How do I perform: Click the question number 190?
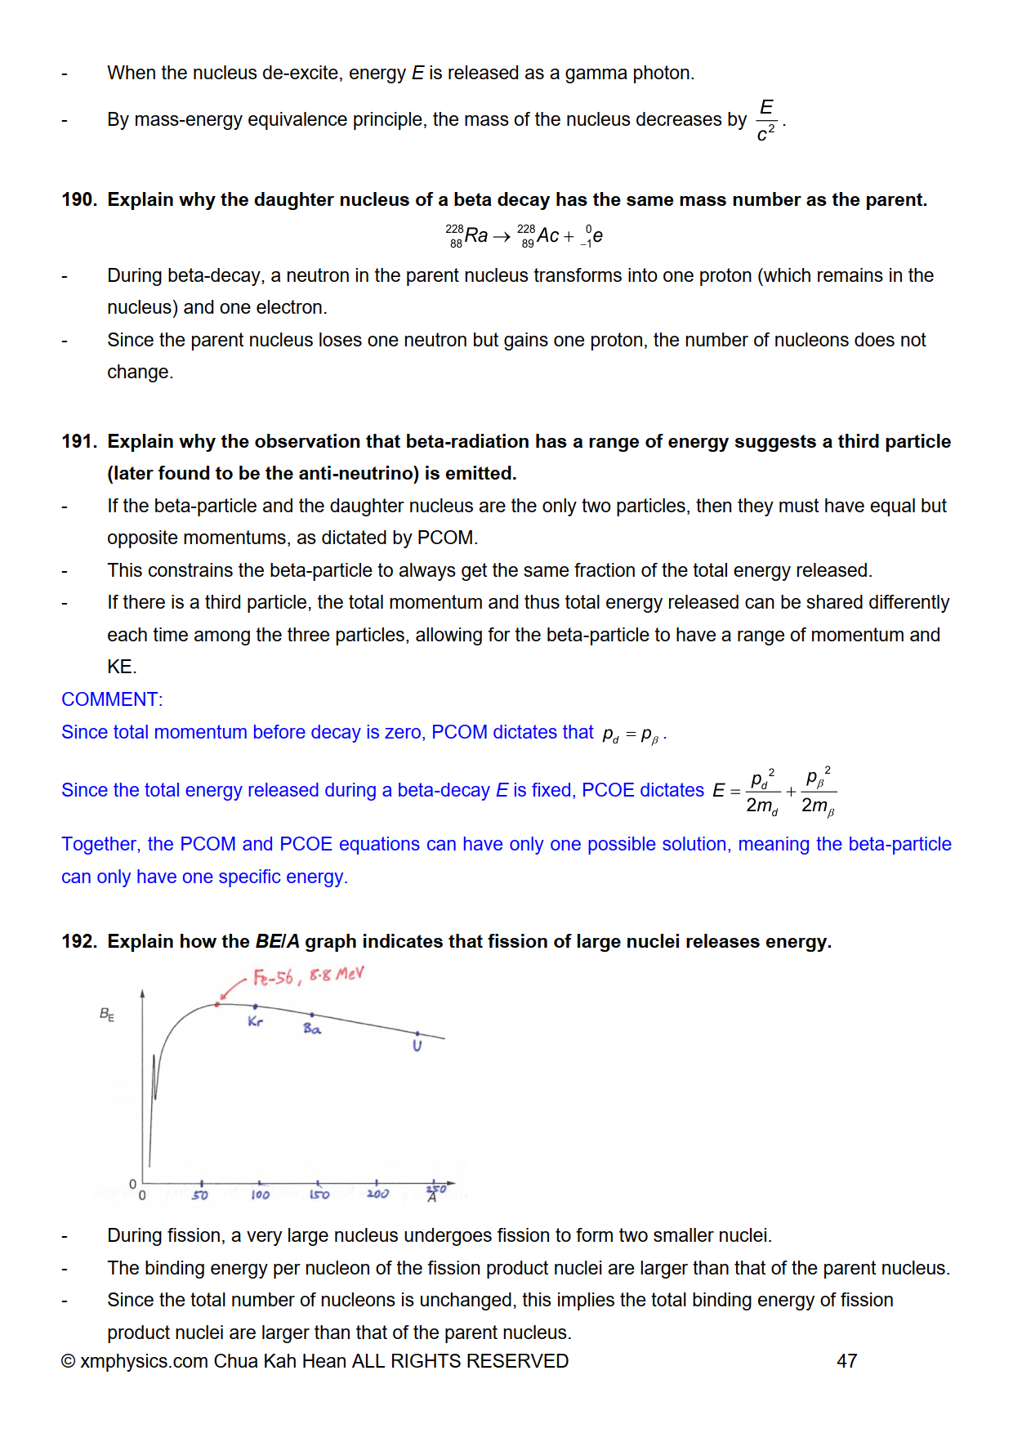pos(78,200)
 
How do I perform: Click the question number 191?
pos(78,442)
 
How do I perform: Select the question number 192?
pos(78,942)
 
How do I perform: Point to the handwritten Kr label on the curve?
pos(256,1022)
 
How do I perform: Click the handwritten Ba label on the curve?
pos(312,1029)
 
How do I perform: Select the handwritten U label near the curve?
pos(417,1047)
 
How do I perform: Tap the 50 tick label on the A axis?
pos(200,1195)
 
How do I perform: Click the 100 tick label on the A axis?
pos(260,1195)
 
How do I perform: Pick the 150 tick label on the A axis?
pos(319,1195)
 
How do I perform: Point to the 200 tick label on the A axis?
pos(377,1194)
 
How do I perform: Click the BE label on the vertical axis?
pos(107,1015)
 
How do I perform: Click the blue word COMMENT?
pos(112,700)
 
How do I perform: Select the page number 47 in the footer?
pos(846,1361)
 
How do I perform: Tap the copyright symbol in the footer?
pos(69,1362)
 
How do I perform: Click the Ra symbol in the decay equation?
pos(476,236)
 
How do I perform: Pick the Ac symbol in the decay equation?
pos(548,236)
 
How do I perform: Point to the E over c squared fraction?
pos(766,120)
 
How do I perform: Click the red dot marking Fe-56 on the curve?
pos(217,1004)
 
